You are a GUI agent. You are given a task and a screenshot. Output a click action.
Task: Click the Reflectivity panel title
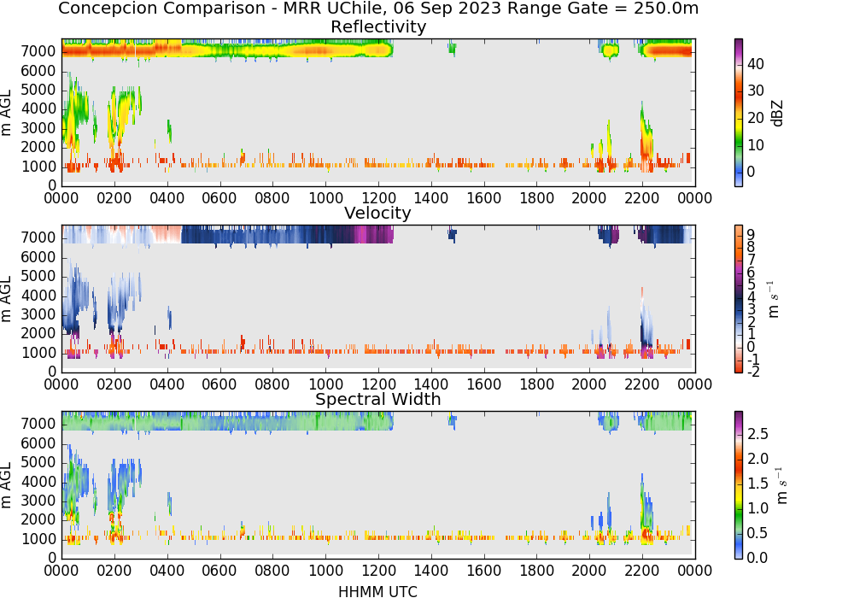pos(378,26)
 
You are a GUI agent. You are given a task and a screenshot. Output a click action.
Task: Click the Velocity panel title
pos(377,213)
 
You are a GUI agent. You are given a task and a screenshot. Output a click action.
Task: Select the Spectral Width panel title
pos(378,399)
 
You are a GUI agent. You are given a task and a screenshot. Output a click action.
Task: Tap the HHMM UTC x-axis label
pos(378,591)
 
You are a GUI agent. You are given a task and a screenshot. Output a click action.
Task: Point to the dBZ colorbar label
pos(777,114)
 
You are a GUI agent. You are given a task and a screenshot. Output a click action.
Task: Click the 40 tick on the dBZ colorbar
pos(756,64)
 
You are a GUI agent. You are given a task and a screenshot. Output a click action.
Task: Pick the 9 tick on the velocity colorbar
pos(751,235)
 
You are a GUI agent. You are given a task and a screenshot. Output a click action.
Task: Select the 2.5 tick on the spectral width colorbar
pos(757,434)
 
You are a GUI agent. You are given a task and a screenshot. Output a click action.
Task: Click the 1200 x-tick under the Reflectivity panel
pos(378,198)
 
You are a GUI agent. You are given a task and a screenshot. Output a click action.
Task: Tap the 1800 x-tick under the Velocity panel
pos(536,384)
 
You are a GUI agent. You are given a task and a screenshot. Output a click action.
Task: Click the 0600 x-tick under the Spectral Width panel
pos(219,571)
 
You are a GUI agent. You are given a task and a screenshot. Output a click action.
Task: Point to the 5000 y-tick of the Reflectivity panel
pos(38,90)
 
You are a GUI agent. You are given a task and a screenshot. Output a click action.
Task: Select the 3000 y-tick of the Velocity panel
pos(38,314)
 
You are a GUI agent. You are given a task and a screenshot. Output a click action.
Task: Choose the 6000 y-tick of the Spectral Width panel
pos(38,443)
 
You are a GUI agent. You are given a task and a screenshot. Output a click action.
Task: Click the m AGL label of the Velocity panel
pos(7,298)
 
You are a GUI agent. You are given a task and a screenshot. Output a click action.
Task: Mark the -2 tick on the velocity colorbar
pos(753,372)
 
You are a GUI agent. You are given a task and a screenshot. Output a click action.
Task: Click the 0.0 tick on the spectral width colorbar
pos(757,558)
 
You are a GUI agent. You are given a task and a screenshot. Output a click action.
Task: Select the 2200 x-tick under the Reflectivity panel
pos(642,198)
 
